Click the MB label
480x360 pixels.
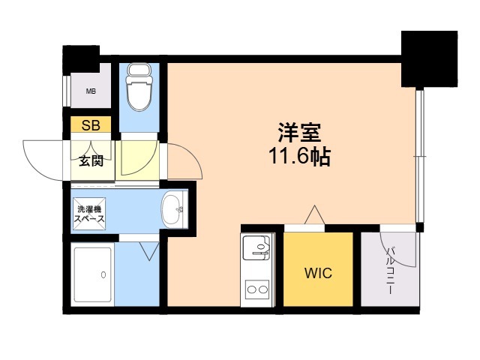tap(91, 91)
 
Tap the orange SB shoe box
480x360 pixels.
tap(91, 124)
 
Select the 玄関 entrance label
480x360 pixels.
tap(91, 161)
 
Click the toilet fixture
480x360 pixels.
tap(139, 86)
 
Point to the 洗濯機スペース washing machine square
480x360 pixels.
tap(89, 214)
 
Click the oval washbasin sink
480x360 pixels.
tap(172, 210)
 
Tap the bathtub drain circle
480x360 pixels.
tap(103, 275)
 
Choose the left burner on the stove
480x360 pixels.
tap(251, 289)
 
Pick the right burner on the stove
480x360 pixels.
tap(263, 289)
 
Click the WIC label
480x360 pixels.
tap(318, 273)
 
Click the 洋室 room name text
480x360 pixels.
tap(299, 133)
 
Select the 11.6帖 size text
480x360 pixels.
tap(299, 156)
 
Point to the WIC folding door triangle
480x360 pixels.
tap(315, 214)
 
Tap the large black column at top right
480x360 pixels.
tap(429, 58)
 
